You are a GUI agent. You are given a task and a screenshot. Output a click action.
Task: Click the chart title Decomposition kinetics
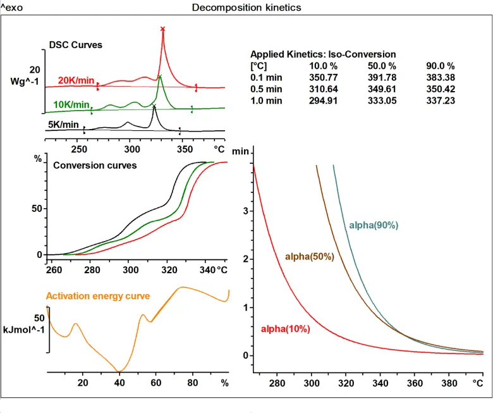coord(246,8)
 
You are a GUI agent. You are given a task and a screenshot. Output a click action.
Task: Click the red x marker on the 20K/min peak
coord(163,29)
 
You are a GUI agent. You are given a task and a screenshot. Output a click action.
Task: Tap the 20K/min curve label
coord(76,80)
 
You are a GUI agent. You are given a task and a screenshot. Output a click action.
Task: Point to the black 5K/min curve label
coord(64,125)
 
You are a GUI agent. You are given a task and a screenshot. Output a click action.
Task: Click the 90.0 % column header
coord(441,66)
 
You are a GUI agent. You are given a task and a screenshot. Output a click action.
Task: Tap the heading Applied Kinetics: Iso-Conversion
coord(323,54)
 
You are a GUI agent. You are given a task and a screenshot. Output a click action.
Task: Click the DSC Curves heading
coord(76,46)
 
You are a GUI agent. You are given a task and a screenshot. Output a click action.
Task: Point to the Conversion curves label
coord(95,166)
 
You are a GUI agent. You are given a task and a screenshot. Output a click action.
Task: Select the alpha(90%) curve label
coord(374,225)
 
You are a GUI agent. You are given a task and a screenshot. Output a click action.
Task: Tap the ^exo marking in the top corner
coord(12,8)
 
